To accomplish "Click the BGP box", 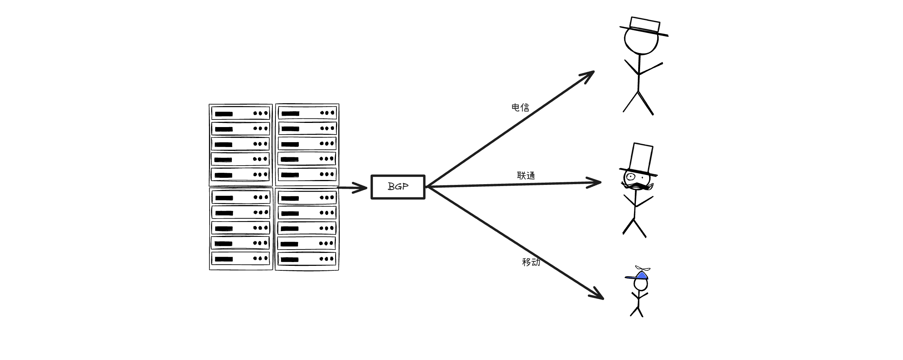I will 398,187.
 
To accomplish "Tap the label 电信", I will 520,108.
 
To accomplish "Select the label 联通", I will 526,175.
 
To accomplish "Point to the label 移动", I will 531,262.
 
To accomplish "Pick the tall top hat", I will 642,159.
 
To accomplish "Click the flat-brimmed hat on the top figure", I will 645,26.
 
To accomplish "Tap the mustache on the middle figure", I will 638,186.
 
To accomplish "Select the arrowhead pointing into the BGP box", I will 361,188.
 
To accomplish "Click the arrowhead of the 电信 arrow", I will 589,75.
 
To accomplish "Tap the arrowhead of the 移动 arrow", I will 598,295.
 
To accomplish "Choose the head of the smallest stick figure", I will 640,284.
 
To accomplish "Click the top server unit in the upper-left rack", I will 241,113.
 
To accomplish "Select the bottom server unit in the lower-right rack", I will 307,259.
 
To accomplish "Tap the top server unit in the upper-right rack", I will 307,113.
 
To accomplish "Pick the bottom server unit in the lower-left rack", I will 241,259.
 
